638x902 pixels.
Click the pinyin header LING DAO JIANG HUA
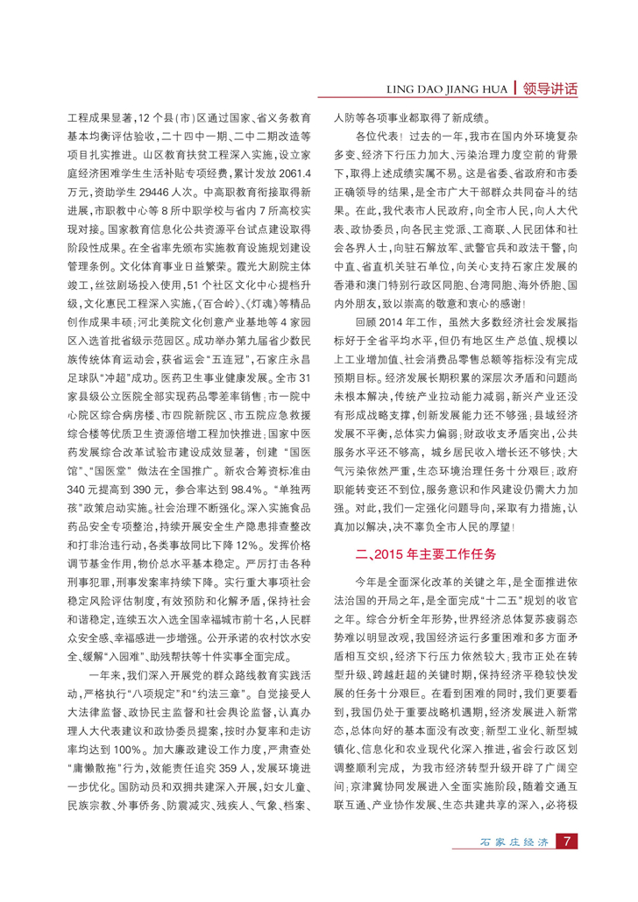(x=447, y=89)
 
